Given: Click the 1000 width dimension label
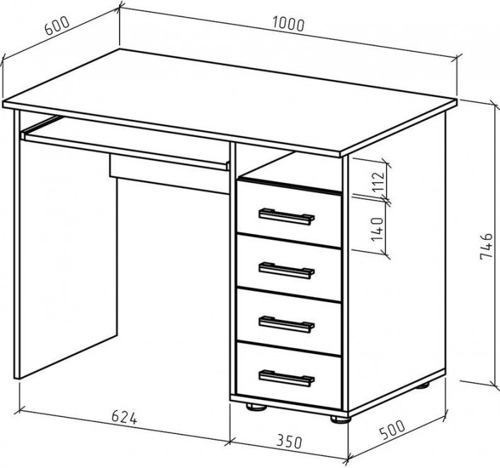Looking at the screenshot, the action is [x=288, y=25].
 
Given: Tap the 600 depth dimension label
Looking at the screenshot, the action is [x=57, y=26].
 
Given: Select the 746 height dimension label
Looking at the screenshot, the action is [x=487, y=246].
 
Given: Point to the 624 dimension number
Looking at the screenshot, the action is [x=125, y=417].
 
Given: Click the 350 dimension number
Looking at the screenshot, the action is [x=289, y=441].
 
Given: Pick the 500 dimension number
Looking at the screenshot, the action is [x=392, y=430].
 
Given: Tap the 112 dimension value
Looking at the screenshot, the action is [x=378, y=182].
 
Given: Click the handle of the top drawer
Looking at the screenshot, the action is [x=286, y=217].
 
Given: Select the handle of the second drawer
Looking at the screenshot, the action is [x=286, y=271].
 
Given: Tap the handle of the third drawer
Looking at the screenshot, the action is [x=286, y=325].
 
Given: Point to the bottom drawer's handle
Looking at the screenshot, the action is [x=286, y=378].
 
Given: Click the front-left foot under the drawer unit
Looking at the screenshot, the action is [x=256, y=407].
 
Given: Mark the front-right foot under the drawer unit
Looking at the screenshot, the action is [x=341, y=419].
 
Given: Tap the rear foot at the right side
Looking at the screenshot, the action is [x=423, y=386].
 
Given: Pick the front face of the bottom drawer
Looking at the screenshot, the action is [x=288, y=376].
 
